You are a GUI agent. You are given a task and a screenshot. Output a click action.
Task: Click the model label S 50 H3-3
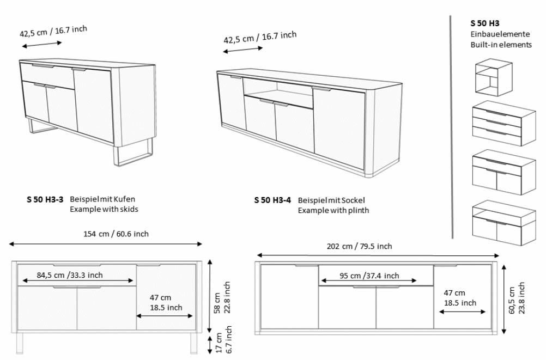tap(45, 200)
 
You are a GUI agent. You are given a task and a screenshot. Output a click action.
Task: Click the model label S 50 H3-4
tap(273, 200)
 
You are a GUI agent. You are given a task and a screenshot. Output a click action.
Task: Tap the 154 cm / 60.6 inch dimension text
tap(116, 234)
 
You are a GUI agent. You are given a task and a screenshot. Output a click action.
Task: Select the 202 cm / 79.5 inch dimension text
tap(359, 246)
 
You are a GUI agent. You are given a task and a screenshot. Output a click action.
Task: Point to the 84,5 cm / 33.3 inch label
tap(70, 274)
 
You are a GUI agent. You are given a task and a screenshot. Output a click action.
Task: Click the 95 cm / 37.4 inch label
tap(369, 276)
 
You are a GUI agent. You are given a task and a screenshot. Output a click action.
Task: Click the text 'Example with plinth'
tap(333, 210)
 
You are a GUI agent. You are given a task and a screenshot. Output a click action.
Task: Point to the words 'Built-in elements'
tap(501, 45)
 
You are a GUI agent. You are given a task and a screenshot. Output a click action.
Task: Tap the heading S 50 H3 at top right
tap(485, 23)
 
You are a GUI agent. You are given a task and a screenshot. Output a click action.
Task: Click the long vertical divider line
tap(452, 125)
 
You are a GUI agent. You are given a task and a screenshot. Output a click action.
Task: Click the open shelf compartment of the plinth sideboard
tap(278, 89)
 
